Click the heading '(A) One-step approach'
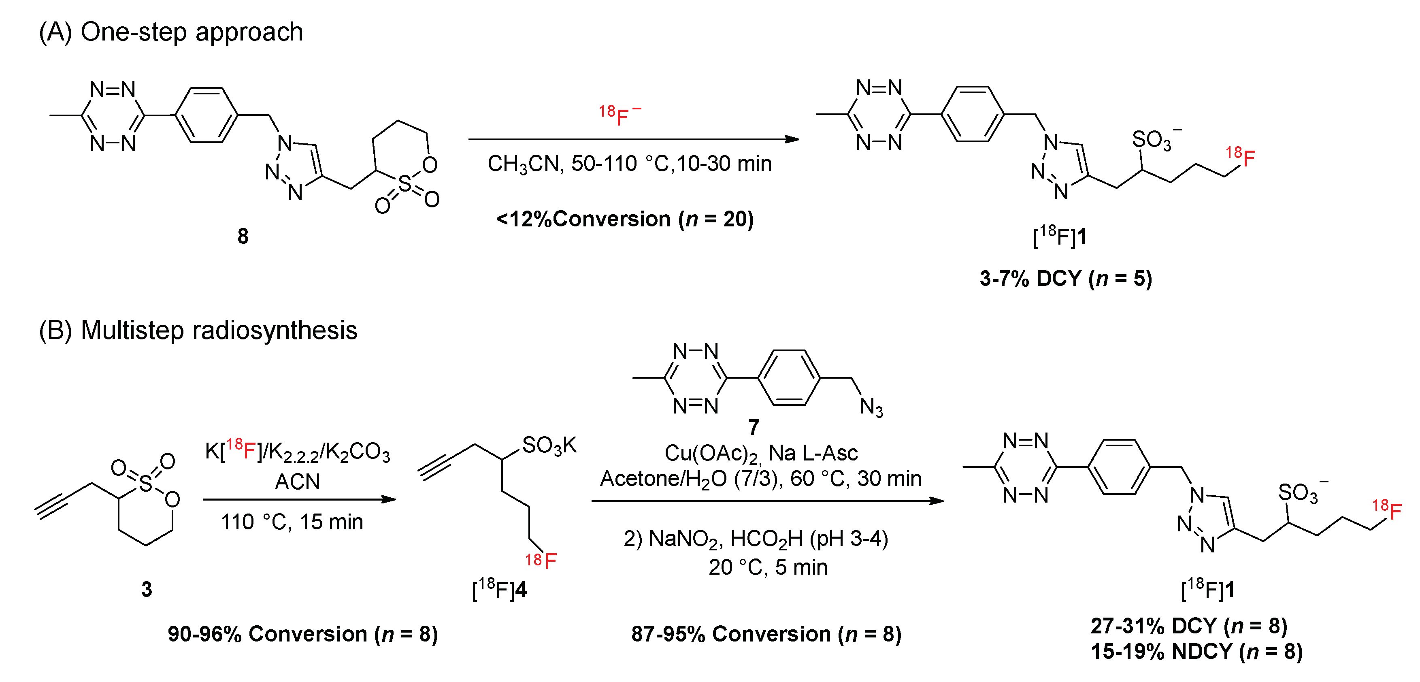[171, 32]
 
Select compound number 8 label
[243, 237]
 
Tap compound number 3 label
[146, 589]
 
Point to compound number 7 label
[754, 427]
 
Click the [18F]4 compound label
[499, 589]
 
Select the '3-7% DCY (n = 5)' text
[1066, 278]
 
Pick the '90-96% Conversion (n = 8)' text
[302, 634]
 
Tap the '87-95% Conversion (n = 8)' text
[766, 634]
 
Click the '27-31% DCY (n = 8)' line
[1189, 627]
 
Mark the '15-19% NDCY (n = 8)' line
[1196, 652]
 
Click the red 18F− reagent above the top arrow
[620, 115]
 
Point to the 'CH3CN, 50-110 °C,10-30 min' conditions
[630, 164]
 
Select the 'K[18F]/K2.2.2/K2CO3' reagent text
[297, 451]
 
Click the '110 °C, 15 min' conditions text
[292, 522]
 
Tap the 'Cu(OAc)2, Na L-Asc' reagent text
[761, 453]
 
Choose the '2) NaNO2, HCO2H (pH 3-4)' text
[756, 539]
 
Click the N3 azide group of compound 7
[871, 407]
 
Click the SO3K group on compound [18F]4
[549, 445]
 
